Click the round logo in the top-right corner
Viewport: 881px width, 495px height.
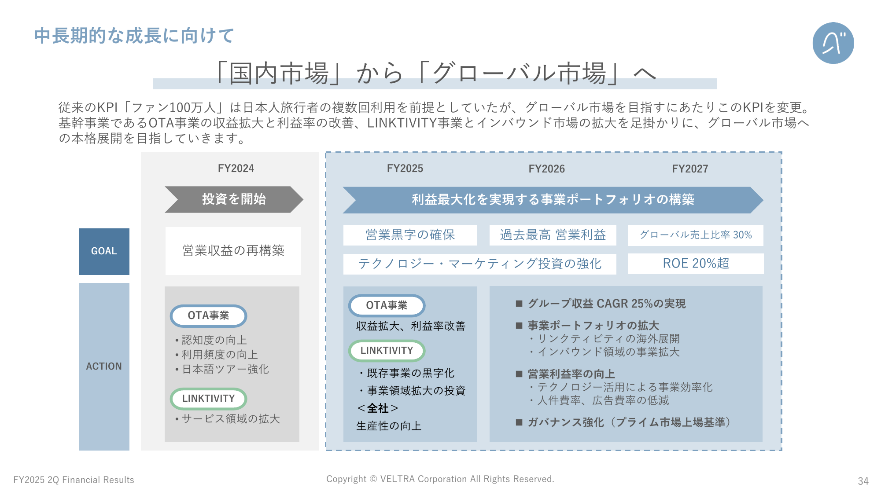tap(833, 43)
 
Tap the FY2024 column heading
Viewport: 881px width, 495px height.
tap(236, 169)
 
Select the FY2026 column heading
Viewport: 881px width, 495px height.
tap(546, 169)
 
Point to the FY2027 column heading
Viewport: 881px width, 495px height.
tap(690, 169)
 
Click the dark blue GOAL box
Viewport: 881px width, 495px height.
tap(104, 251)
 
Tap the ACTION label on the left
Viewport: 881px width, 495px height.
tap(104, 366)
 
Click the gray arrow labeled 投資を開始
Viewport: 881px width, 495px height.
tap(234, 199)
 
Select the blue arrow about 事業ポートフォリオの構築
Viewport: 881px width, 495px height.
tap(553, 200)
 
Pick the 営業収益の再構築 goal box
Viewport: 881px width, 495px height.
tap(233, 251)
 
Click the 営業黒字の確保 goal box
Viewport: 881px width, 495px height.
tap(410, 235)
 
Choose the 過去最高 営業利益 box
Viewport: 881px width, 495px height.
tap(553, 235)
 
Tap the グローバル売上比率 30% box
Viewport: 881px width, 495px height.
tap(696, 235)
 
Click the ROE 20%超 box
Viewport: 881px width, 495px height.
tap(696, 264)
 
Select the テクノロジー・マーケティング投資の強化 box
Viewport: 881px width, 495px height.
tap(479, 264)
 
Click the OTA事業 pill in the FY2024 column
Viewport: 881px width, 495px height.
tap(208, 316)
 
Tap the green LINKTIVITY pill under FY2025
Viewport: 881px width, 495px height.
tap(387, 351)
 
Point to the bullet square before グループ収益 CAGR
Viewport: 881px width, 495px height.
tap(519, 304)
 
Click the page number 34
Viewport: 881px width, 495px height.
tap(863, 481)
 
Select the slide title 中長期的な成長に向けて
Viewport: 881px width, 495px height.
tap(134, 36)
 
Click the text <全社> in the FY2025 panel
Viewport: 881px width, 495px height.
tap(378, 408)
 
